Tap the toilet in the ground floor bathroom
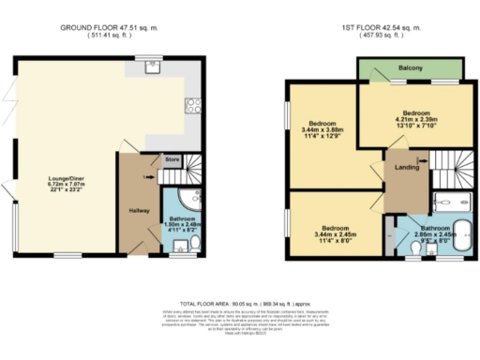[193, 242]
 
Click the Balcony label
[410, 68]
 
